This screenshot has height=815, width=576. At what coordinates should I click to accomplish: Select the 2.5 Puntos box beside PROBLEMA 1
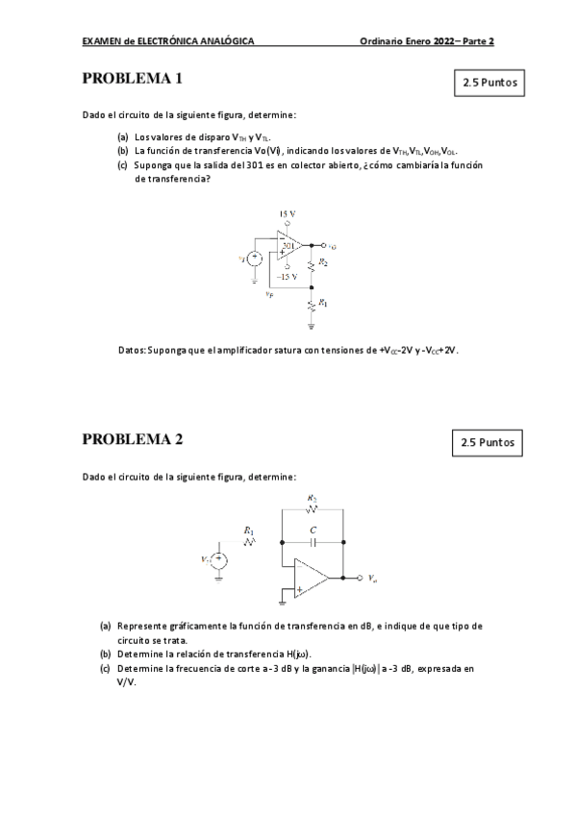tap(490, 83)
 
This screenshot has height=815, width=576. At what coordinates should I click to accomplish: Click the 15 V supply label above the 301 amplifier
tap(288, 212)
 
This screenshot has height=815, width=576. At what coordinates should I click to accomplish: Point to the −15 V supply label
tap(287, 276)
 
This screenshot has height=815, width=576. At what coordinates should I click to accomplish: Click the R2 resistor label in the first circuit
tap(324, 261)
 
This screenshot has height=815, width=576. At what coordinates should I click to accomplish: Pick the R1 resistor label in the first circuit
tap(324, 304)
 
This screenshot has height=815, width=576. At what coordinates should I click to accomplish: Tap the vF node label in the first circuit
tap(269, 294)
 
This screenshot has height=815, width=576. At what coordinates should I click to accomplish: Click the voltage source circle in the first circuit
tap(256, 259)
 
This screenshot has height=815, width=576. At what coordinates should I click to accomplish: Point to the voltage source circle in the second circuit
tap(219, 559)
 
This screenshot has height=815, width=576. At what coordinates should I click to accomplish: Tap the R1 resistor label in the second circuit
tap(249, 530)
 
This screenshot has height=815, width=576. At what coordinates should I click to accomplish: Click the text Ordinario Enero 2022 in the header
tap(403, 41)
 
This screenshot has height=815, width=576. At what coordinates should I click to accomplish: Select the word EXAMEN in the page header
tap(103, 41)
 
